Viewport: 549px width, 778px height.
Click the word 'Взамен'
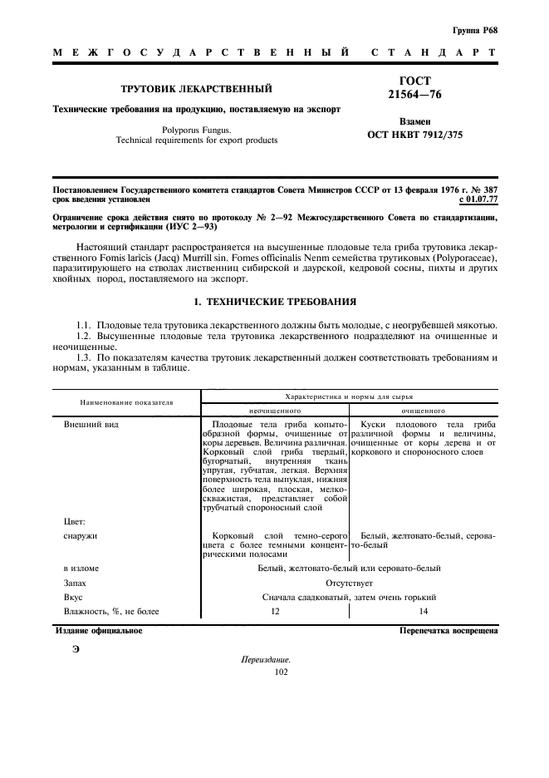click(414, 121)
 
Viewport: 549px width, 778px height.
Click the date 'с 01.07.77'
click(478, 199)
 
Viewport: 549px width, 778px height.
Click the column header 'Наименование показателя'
click(126, 402)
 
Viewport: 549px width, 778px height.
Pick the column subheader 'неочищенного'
click(275, 410)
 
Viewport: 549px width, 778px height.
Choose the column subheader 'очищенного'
click(424, 410)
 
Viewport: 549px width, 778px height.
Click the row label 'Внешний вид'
click(91, 425)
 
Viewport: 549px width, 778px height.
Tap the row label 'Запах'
click(76, 583)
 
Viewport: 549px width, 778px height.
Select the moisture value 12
click(275, 612)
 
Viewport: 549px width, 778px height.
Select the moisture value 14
click(424, 612)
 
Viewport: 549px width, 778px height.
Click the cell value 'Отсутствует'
click(349, 583)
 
